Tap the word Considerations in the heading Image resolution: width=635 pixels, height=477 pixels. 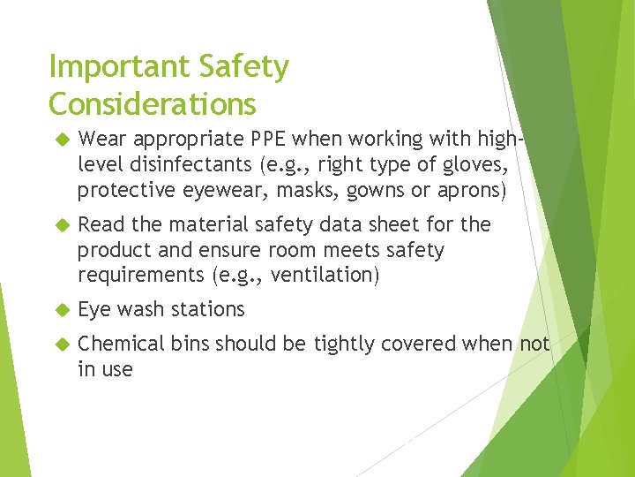(x=153, y=104)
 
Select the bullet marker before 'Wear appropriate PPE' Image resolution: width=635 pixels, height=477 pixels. (x=62, y=139)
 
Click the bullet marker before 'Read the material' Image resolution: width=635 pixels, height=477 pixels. (x=62, y=225)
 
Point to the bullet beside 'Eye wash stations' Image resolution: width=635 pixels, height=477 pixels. (x=62, y=310)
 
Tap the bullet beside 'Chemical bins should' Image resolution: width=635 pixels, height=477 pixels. (x=62, y=344)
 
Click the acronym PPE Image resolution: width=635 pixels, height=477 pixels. (x=267, y=138)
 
